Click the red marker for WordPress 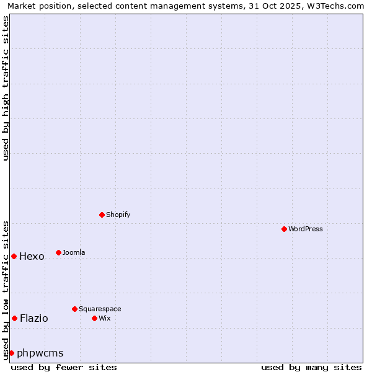pyautogui.click(x=285, y=229)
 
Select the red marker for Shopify pyautogui.click(x=102, y=215)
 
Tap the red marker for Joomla pyautogui.click(x=59, y=252)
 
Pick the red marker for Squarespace pyautogui.click(x=75, y=309)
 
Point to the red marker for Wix pyautogui.click(x=95, y=318)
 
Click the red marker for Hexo pyautogui.click(x=14, y=256)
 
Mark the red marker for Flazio pyautogui.click(x=14, y=318)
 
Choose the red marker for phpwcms pyautogui.click(x=11, y=353)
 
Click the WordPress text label pyautogui.click(x=306, y=229)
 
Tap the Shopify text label pyautogui.click(x=118, y=215)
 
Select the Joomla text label pyautogui.click(x=74, y=252)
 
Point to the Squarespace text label pyautogui.click(x=100, y=309)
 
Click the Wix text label pyautogui.click(x=104, y=318)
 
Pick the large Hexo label pyautogui.click(x=32, y=257)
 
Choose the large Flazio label pyautogui.click(x=33, y=319)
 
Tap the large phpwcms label pyautogui.click(x=40, y=353)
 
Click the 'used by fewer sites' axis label pyautogui.click(x=64, y=367)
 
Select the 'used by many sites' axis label pyautogui.click(x=311, y=367)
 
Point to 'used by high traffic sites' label pyautogui.click(x=6, y=88)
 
